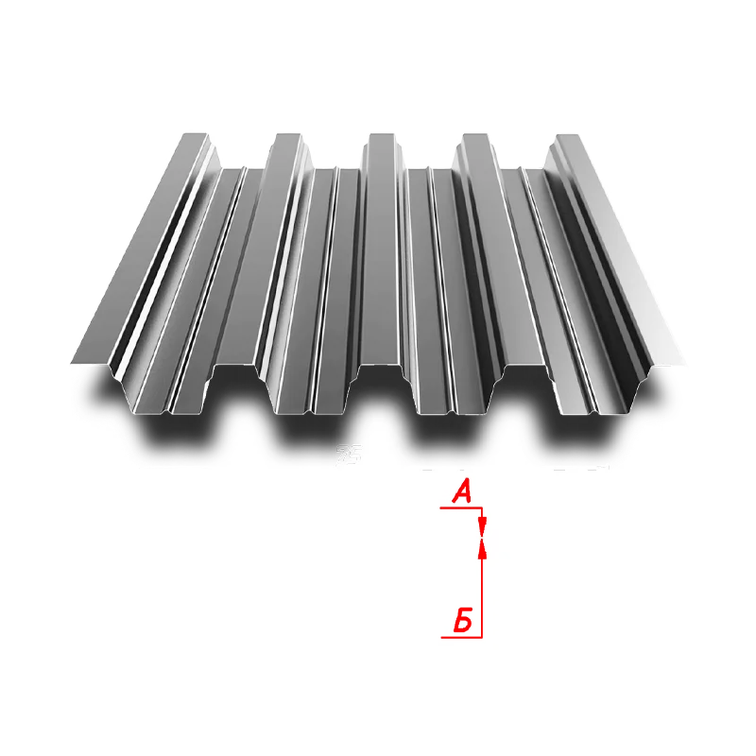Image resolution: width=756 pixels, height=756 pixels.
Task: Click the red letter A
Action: [462, 491]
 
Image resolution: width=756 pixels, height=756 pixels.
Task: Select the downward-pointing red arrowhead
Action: [482, 526]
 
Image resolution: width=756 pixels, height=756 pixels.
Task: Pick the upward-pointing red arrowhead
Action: [482, 549]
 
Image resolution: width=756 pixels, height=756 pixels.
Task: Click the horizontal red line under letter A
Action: [461, 507]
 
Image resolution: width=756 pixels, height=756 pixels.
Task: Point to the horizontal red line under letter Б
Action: [462, 637]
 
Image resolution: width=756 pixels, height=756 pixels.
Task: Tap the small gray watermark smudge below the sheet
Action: [349, 454]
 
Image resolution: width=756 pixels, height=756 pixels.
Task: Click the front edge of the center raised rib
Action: [381, 364]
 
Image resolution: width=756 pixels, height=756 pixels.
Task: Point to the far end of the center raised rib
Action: [382, 135]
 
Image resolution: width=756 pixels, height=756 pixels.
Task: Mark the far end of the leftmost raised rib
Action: [195, 134]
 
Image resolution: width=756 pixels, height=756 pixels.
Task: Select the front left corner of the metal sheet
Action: [72, 363]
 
